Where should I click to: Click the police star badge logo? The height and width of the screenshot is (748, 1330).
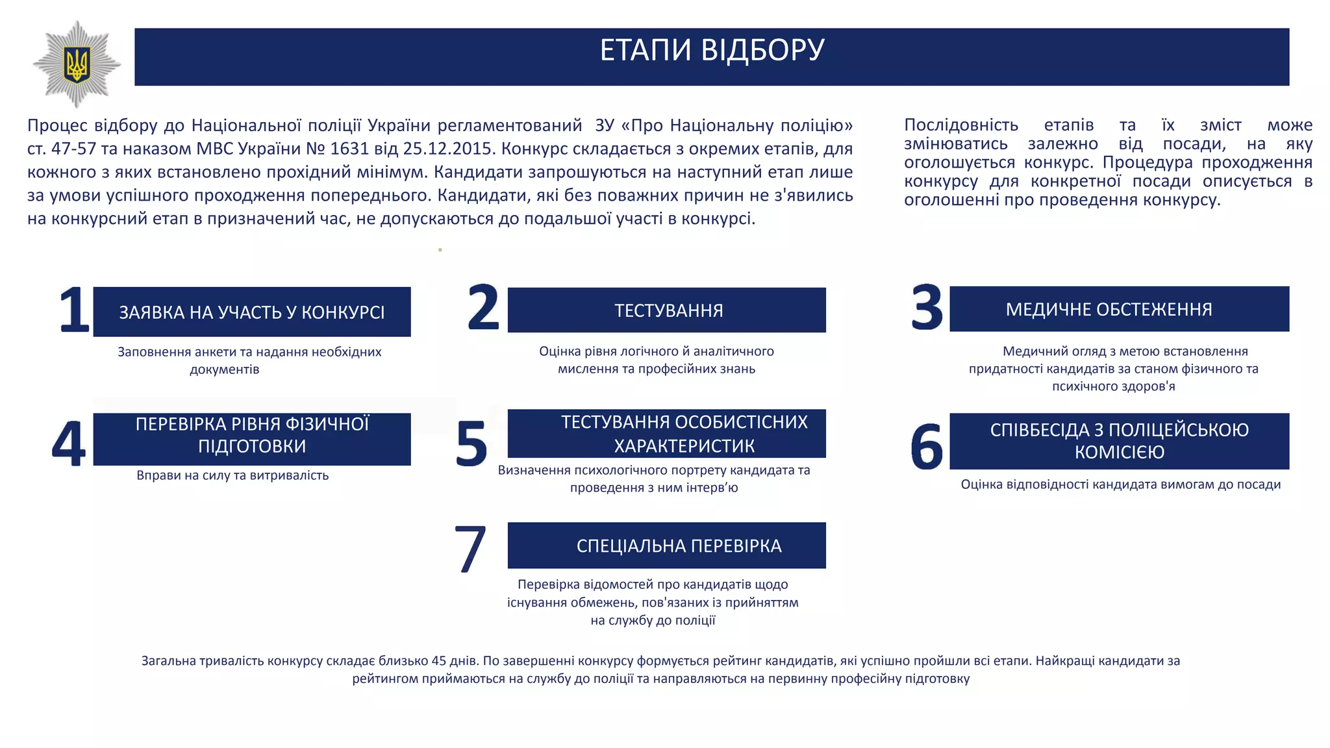click(77, 64)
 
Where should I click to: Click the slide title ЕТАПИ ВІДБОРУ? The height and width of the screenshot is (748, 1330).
click(712, 51)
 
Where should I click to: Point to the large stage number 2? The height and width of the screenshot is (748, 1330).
click(483, 307)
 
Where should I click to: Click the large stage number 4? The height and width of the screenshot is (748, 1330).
click(69, 443)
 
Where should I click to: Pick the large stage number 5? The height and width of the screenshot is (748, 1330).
click(471, 443)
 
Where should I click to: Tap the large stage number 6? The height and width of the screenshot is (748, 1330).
click(927, 447)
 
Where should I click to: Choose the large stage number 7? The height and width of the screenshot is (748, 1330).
click(470, 549)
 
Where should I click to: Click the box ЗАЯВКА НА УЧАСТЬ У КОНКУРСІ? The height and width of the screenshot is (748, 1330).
click(252, 312)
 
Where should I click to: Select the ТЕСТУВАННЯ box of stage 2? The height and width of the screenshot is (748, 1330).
click(667, 310)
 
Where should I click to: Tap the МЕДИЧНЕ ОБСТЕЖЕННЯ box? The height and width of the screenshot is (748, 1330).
click(1119, 309)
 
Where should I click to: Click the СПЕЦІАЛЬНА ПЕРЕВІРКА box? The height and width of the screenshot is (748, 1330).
click(667, 545)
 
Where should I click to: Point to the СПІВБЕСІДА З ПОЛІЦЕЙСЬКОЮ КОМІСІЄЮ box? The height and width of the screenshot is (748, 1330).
click(1119, 441)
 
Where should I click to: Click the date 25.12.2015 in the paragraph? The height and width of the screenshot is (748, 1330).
click(449, 149)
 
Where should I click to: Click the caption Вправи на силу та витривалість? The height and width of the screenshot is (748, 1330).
click(232, 475)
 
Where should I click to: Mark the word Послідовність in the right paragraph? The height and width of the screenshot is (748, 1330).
click(961, 125)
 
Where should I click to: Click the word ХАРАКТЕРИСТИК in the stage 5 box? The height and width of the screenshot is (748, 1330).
click(684, 446)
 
